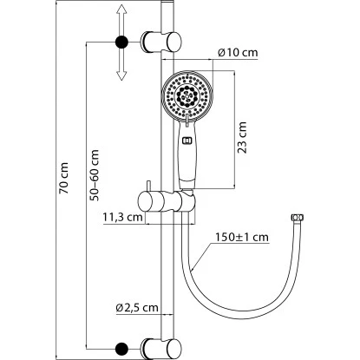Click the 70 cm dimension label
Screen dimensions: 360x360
[64, 178]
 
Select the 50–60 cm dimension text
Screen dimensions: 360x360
[94, 175]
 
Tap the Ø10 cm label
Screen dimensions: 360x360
[238, 53]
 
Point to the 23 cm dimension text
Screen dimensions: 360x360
[242, 137]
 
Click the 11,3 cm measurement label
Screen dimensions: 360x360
[122, 217]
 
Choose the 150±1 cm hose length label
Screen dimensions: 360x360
[242, 237]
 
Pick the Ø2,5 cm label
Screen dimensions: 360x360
[137, 308]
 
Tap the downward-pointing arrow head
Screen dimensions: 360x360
[121, 75]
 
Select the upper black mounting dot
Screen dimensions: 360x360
[121, 43]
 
